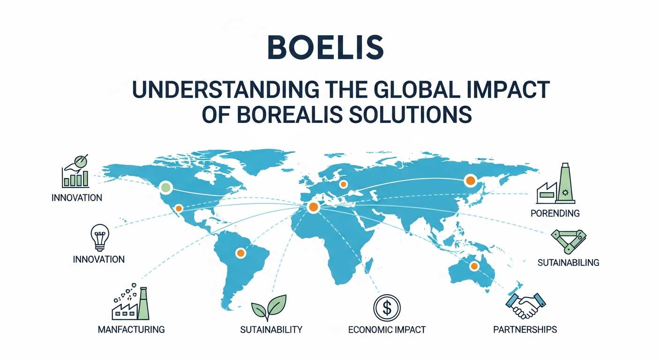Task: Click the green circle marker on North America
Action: click(x=165, y=188)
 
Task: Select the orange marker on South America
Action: click(x=240, y=253)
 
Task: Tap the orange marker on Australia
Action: click(x=474, y=267)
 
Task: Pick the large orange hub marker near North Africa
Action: click(x=313, y=207)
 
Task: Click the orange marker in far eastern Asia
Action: click(x=469, y=180)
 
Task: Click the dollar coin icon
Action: click(x=387, y=308)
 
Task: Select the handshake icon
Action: click(x=525, y=305)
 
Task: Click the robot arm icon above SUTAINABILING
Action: click(x=568, y=240)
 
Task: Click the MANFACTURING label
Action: click(x=131, y=330)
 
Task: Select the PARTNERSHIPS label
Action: click(x=525, y=330)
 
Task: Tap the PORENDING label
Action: click(x=555, y=213)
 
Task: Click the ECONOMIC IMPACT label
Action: click(x=387, y=330)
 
